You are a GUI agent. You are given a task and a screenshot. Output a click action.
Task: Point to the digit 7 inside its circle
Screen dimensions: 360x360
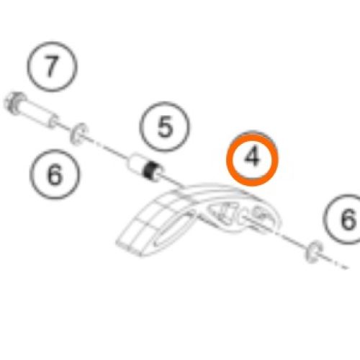click(52, 66)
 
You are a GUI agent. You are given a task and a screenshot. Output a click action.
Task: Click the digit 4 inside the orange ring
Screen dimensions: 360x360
click(252, 157)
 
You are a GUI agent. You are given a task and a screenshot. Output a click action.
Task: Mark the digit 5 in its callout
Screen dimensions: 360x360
click(165, 127)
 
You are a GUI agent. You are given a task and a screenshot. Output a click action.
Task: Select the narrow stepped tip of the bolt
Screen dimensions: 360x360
click(53, 120)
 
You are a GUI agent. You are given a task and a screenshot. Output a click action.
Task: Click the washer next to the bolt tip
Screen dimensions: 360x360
click(79, 134)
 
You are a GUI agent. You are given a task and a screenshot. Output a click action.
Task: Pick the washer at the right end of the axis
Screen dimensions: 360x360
click(313, 252)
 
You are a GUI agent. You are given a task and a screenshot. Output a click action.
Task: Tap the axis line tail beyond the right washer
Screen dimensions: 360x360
click(336, 263)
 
